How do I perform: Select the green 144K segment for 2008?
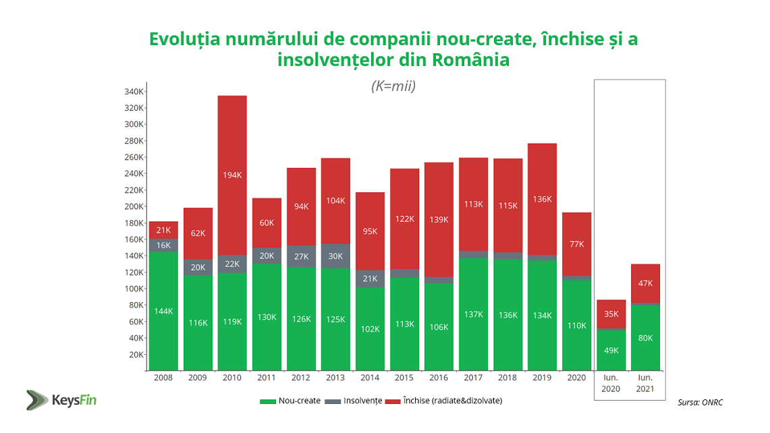pyautogui.click(x=163, y=311)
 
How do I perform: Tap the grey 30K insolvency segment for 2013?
pyautogui.click(x=335, y=256)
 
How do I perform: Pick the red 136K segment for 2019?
pyautogui.click(x=542, y=199)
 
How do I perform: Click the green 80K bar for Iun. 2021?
pyautogui.click(x=645, y=337)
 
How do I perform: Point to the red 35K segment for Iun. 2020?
pyautogui.click(x=611, y=314)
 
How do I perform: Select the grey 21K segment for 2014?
pyautogui.click(x=370, y=279)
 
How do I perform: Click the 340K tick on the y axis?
pyautogui.click(x=134, y=92)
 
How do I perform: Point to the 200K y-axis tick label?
pyautogui.click(x=134, y=206)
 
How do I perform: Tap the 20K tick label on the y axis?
pyautogui.click(x=136, y=354)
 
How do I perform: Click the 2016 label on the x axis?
pyautogui.click(x=439, y=378)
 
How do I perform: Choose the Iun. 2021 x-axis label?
pyautogui.click(x=645, y=383)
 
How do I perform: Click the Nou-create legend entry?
pyautogui.click(x=290, y=401)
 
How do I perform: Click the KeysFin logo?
pyautogui.click(x=61, y=399)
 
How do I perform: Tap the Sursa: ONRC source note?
pyautogui.click(x=700, y=403)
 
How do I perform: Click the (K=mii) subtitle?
pyautogui.click(x=393, y=86)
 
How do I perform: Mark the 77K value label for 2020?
pyautogui.click(x=576, y=244)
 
